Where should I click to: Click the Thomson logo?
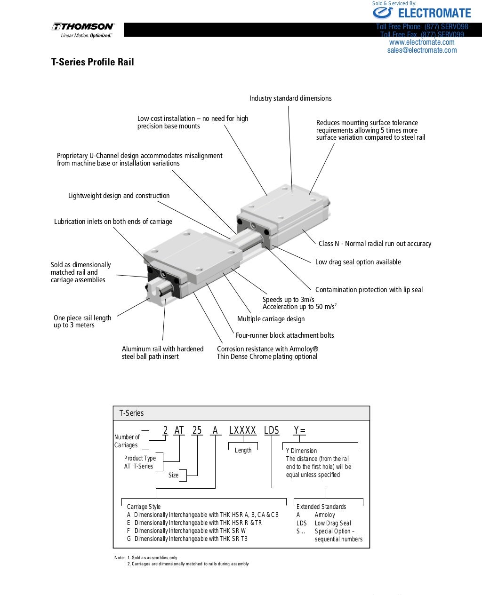tap(83, 30)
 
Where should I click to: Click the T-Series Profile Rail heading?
tap(92, 62)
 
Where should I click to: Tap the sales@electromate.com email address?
tap(422, 50)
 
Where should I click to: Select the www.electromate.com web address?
tap(422, 42)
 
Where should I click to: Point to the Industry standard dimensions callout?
tap(290, 98)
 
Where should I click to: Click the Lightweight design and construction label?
tap(119, 196)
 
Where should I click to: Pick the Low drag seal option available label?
tap(358, 262)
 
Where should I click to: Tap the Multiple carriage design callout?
tap(271, 319)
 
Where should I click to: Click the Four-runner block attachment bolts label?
tap(284, 335)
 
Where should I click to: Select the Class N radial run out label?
tap(375, 244)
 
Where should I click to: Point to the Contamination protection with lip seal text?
tap(369, 290)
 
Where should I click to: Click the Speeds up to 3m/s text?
tap(288, 300)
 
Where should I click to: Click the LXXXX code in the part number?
tap(242, 430)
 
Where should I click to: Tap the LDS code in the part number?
tap(271, 430)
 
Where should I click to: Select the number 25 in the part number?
tap(197, 430)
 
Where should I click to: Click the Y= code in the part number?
tap(299, 430)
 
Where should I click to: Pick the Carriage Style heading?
tap(144, 507)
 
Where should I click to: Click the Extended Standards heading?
tap(321, 507)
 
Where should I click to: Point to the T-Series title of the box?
tap(131, 413)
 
